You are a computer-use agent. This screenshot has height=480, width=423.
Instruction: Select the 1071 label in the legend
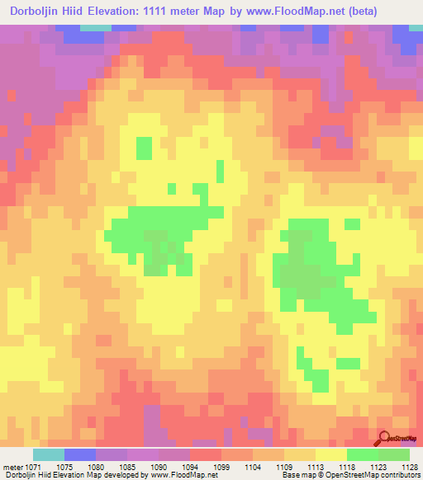[32, 466]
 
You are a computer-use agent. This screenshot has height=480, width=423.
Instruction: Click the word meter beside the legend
[12, 466]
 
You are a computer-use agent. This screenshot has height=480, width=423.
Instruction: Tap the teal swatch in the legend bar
[48, 454]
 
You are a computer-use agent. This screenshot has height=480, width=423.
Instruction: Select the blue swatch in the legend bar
[79, 454]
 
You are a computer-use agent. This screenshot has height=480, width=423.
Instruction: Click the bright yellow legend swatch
[330, 454]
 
